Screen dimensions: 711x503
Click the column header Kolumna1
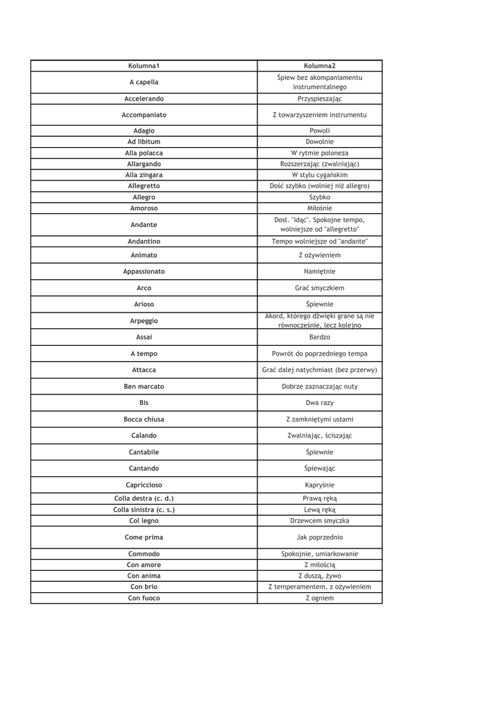pyautogui.click(x=144, y=66)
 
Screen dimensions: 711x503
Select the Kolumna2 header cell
pyautogui.click(x=319, y=66)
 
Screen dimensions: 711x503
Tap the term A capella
pyautogui.click(x=144, y=83)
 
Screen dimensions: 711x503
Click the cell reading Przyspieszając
pyautogui.click(x=319, y=99)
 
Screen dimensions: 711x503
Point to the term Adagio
pyautogui.click(x=144, y=131)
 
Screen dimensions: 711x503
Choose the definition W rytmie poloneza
pyautogui.click(x=319, y=153)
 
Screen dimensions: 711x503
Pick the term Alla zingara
pyautogui.click(x=144, y=175)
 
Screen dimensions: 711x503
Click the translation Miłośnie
pyautogui.click(x=319, y=208)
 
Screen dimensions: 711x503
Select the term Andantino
pyautogui.click(x=144, y=241)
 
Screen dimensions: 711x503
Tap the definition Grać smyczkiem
pyautogui.click(x=319, y=287)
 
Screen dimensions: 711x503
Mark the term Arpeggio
pyautogui.click(x=144, y=321)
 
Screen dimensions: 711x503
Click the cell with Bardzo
pyautogui.click(x=319, y=337)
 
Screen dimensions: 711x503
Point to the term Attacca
pyautogui.click(x=144, y=370)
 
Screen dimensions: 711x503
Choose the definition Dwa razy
pyautogui.click(x=319, y=403)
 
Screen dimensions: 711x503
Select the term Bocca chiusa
pyautogui.click(x=144, y=419)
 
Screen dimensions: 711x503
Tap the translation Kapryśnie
pyautogui.click(x=319, y=485)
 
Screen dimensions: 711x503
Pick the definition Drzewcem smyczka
pyautogui.click(x=319, y=520)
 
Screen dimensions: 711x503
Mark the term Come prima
pyautogui.click(x=144, y=537)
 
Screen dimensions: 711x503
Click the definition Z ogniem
pyautogui.click(x=319, y=598)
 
